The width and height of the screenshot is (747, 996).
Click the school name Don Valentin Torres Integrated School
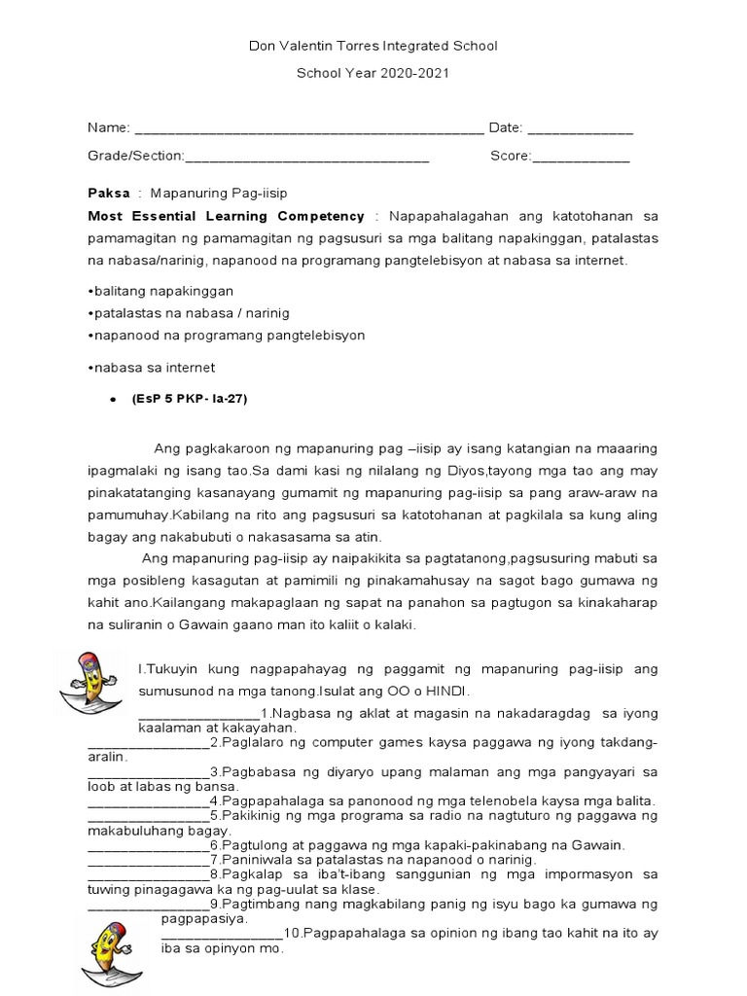click(373, 46)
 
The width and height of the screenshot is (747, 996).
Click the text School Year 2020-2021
click(373, 74)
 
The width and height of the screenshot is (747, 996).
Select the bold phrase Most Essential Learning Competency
click(226, 216)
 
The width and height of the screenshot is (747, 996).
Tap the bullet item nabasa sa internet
click(151, 367)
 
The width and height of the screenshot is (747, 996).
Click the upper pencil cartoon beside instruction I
click(89, 678)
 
